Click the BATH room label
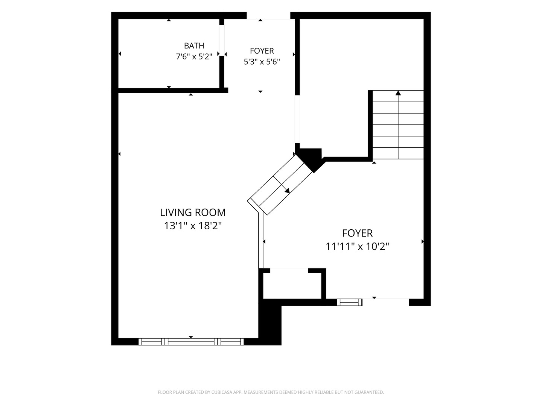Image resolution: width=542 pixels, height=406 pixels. (194, 45)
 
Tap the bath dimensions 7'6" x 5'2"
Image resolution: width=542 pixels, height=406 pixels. (194, 57)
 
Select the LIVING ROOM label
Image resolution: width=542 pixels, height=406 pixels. (193, 212)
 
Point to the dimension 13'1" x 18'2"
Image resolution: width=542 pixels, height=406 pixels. (193, 226)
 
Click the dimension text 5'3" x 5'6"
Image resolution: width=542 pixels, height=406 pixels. (262, 62)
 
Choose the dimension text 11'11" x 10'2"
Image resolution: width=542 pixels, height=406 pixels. (357, 247)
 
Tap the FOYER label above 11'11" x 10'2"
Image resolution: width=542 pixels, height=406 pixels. (357, 233)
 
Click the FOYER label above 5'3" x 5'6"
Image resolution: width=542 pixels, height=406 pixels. (262, 51)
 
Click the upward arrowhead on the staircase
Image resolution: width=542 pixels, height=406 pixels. (398, 93)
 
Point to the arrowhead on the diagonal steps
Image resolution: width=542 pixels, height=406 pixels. (287, 191)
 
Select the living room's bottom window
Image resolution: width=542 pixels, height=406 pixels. (191, 341)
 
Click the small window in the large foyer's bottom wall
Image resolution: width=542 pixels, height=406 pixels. (349, 302)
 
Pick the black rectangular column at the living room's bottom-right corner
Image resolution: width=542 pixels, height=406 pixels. (269, 322)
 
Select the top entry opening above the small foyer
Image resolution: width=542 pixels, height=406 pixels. (268, 15)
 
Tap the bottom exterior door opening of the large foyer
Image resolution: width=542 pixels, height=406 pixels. (386, 302)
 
